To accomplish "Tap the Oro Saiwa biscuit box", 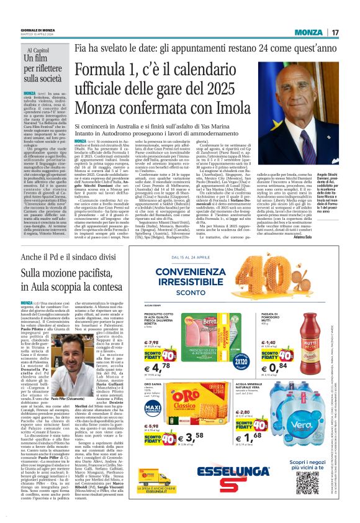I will click(205, 404).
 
